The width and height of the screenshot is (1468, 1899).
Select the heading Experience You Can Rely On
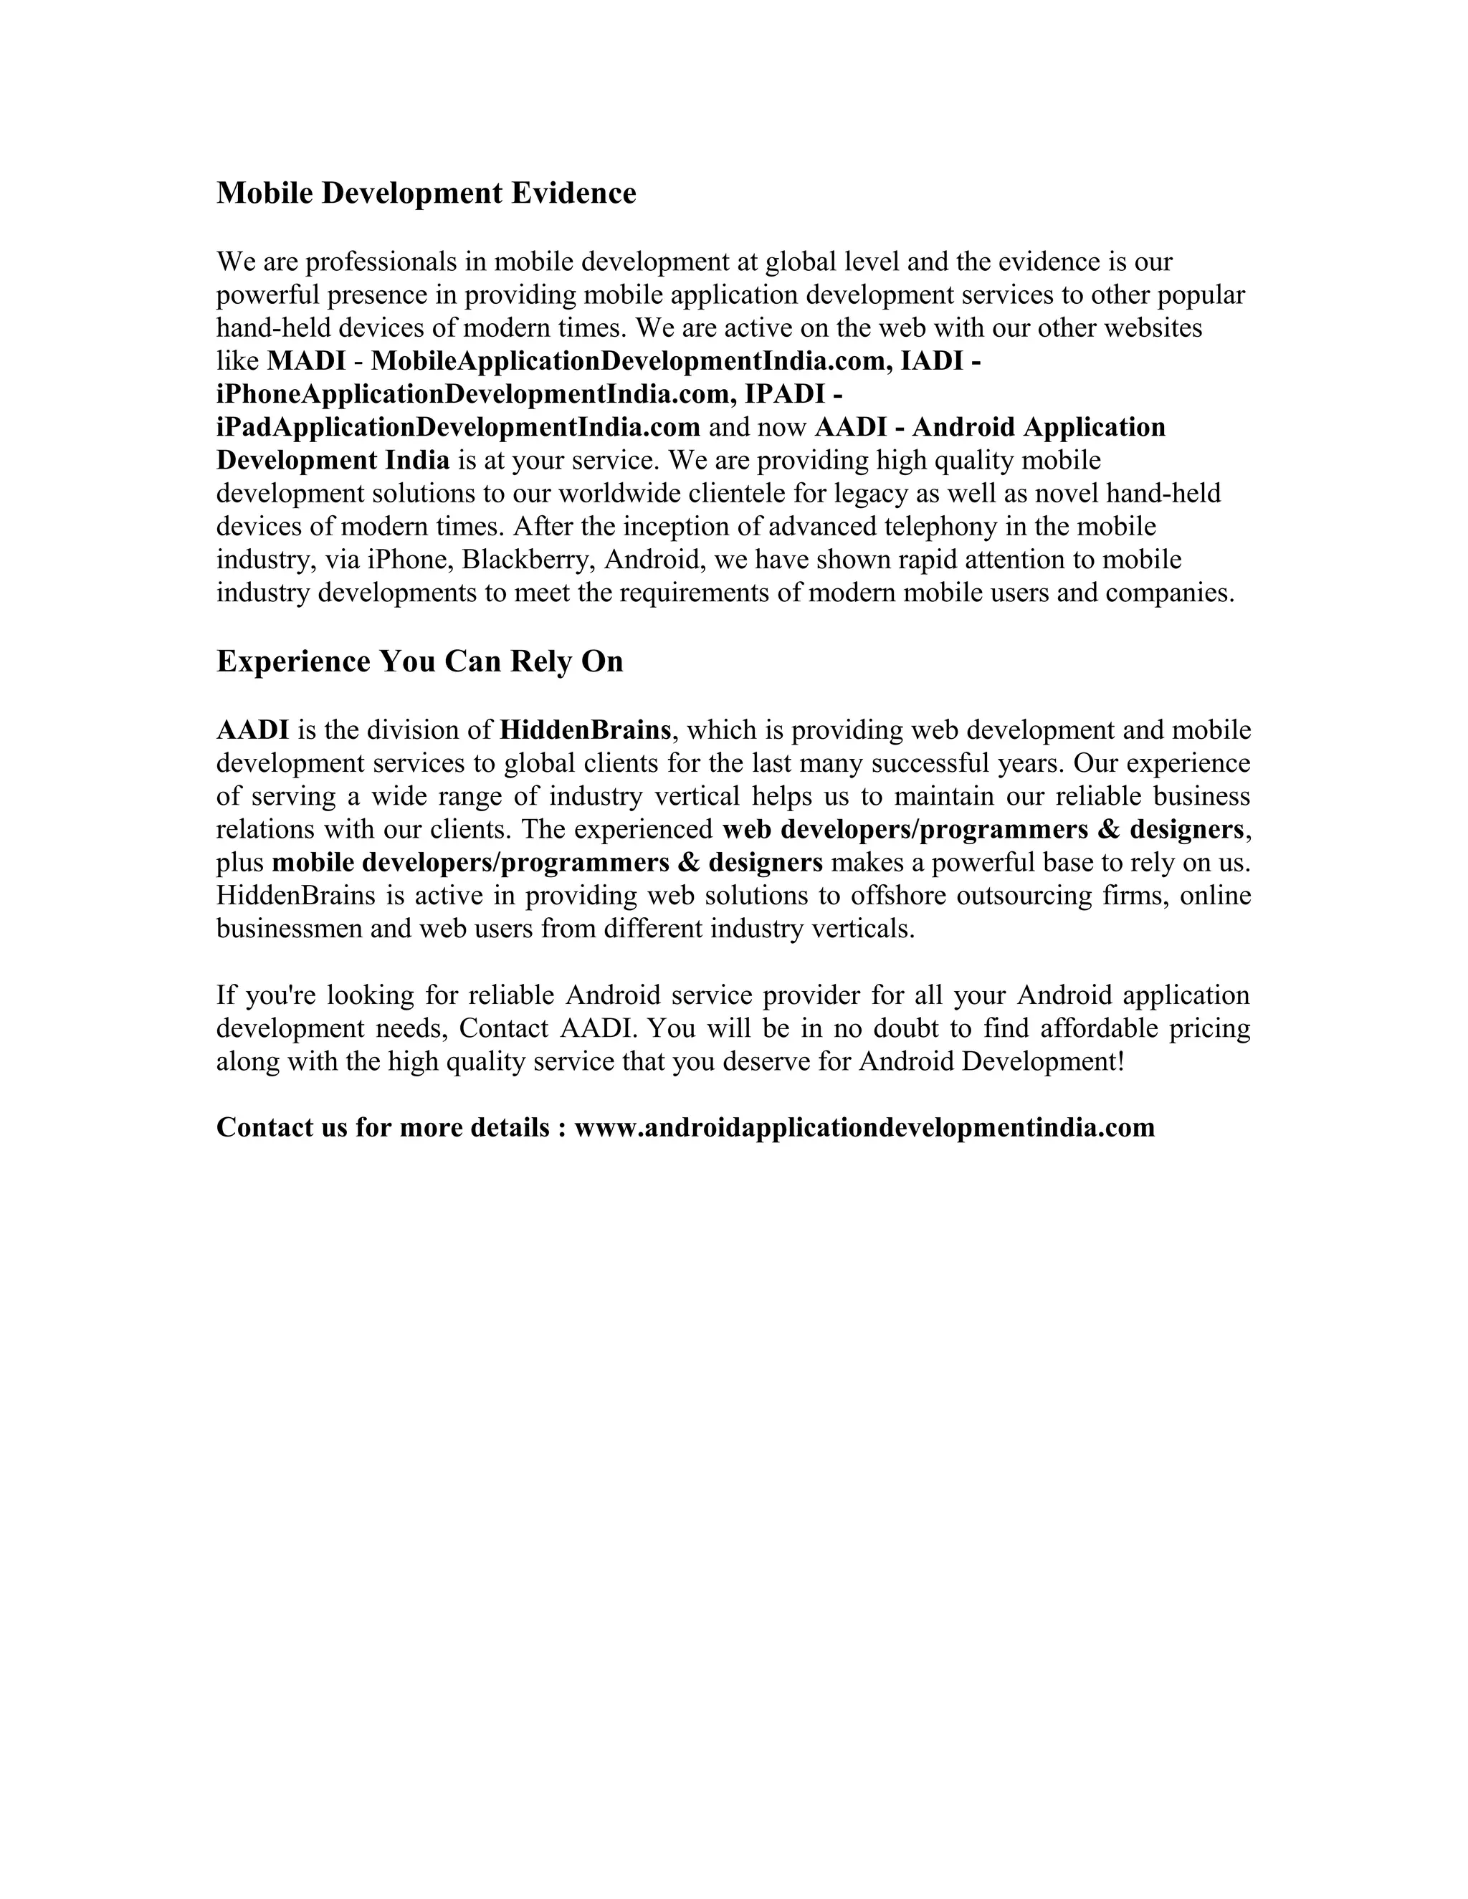coord(419,661)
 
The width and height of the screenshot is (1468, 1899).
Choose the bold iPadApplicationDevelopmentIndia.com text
coord(458,427)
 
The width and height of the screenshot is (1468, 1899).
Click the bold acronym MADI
coord(306,361)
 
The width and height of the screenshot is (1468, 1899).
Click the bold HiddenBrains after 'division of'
coord(586,730)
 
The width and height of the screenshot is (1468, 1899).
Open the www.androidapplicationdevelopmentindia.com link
coord(864,1128)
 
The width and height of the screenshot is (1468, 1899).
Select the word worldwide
coord(619,493)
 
